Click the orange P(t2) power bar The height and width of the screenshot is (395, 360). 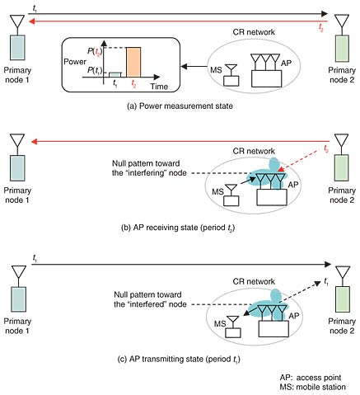pos(133,62)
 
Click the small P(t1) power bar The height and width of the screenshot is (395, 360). pos(115,75)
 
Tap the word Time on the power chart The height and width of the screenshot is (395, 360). pos(159,87)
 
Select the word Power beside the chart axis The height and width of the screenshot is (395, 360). pos(75,62)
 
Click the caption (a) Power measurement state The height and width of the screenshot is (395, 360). pos(180,106)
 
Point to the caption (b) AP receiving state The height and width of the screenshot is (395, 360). pos(178,228)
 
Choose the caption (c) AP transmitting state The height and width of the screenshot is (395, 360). pos(179,359)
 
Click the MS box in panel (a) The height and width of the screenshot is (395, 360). pos(231,81)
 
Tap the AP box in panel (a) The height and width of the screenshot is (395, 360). pos(266,78)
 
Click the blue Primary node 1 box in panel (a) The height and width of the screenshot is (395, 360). pos(17,48)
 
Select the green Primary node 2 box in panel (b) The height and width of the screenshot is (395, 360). pos(341,167)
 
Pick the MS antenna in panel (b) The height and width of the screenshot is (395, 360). pos(231,190)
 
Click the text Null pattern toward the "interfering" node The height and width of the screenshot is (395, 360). pos(149,168)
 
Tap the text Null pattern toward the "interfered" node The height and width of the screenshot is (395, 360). pos(150,299)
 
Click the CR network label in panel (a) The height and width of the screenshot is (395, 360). pos(254,32)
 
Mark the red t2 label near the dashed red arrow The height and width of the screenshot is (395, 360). pos(326,149)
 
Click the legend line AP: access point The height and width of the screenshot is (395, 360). pos(311,378)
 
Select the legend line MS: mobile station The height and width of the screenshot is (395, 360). pos(313,387)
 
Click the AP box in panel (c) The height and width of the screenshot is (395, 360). pos(274,329)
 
